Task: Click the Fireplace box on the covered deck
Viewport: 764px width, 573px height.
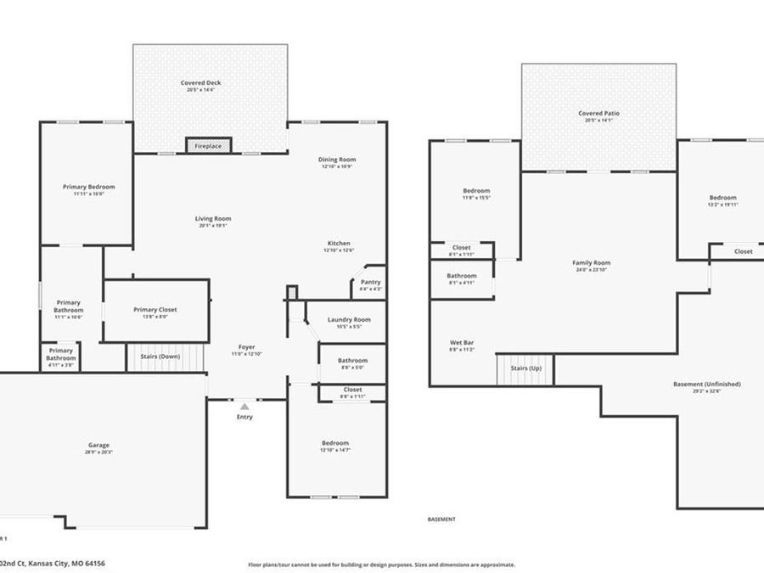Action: pos(208,146)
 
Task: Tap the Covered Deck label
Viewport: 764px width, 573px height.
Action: pos(200,83)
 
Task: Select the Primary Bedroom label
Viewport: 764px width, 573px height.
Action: pos(88,187)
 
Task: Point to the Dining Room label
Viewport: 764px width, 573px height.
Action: pos(337,160)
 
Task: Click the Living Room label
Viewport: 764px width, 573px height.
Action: pos(213,219)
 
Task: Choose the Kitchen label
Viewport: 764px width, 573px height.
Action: pos(337,244)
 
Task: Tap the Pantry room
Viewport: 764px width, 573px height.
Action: pos(370,284)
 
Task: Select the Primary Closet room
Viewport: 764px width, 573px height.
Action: pos(155,311)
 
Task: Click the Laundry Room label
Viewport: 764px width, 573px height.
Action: pos(349,320)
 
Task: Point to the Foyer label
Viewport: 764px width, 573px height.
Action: pos(246,346)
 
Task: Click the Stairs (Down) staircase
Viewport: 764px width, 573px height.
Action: pos(166,357)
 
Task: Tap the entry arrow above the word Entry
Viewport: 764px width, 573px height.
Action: pos(244,407)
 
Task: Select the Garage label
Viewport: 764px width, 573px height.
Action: pos(98,446)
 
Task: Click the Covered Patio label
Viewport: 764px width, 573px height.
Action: pos(598,114)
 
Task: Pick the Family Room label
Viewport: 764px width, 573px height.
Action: pos(591,263)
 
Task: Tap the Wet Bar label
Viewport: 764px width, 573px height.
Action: pos(462,343)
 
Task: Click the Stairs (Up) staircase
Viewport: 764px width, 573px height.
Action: pos(525,369)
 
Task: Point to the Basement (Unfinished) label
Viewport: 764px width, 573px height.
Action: pos(706,385)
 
